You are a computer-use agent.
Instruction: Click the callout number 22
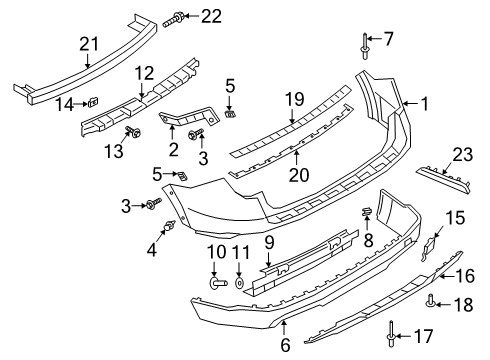click(x=211, y=15)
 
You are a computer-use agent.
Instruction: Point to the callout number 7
click(x=389, y=38)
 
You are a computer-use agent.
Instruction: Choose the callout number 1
click(x=424, y=102)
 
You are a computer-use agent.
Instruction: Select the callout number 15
click(x=455, y=244)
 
